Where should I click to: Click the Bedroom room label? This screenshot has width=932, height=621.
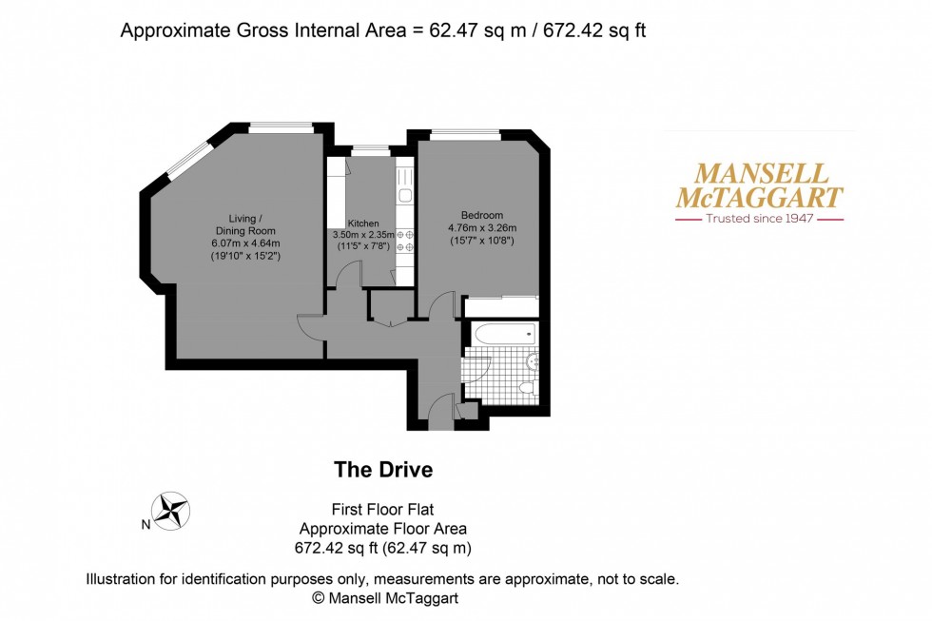point(481,215)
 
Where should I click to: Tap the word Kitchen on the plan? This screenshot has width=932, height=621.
point(362,223)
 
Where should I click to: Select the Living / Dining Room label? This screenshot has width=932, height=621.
point(245,223)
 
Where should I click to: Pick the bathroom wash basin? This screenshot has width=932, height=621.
point(533,361)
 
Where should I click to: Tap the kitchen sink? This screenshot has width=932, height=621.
point(404,196)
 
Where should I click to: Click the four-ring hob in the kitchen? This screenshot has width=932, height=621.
point(405,241)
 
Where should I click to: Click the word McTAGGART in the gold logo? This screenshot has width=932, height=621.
point(758,198)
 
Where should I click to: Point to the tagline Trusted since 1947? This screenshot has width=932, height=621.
point(758,219)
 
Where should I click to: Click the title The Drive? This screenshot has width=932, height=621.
point(383,470)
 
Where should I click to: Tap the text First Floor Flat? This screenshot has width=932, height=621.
point(383,511)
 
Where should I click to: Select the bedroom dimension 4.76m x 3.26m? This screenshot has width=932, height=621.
point(481,228)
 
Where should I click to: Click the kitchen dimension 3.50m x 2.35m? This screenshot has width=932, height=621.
point(362,235)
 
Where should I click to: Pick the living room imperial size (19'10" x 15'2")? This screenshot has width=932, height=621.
point(245,256)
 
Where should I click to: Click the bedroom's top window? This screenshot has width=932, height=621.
point(465,135)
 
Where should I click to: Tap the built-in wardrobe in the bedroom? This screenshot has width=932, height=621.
point(500,307)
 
